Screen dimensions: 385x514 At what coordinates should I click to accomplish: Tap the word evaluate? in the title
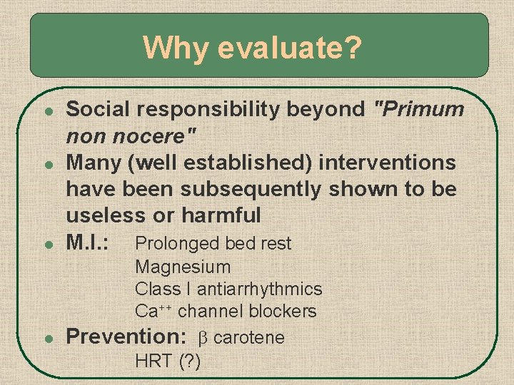(x=290, y=48)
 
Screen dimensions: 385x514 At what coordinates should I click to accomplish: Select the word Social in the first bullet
(x=96, y=109)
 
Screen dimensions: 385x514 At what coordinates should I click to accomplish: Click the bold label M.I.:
(x=87, y=242)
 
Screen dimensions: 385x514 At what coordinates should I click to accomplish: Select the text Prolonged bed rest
(x=213, y=244)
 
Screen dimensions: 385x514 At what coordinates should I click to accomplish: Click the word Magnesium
(x=183, y=267)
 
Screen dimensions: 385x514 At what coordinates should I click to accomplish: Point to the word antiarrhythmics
(x=260, y=289)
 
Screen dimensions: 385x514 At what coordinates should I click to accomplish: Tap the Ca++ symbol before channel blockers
(x=153, y=312)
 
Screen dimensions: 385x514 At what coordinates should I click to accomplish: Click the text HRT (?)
(x=168, y=361)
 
